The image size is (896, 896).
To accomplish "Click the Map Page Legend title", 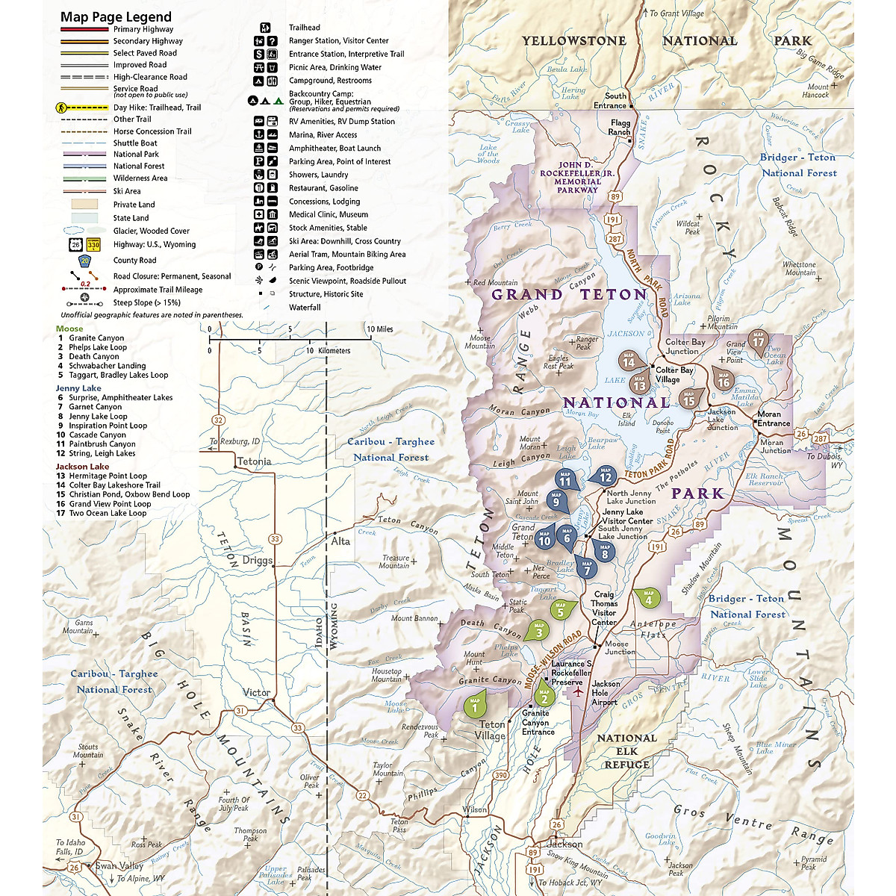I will tap(116, 16).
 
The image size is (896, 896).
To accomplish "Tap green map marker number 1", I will tap(475, 704).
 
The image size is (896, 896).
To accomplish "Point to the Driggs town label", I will tap(257, 560).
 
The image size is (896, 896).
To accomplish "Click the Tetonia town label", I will tap(254, 461).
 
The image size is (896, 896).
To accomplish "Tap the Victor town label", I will tap(256, 693).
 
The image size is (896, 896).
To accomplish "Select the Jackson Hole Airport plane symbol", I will tap(578, 692).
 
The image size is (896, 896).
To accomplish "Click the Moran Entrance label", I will tap(774, 419).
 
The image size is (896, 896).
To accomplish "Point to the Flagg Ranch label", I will tap(620, 128).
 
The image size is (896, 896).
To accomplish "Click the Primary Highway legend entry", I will tap(143, 29).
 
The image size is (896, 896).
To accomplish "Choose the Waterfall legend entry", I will tap(305, 307).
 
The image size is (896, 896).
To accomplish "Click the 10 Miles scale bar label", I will tap(379, 329).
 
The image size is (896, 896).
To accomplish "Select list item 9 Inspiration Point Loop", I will tap(108, 426).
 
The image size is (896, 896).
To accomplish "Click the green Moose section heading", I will tap(69, 329).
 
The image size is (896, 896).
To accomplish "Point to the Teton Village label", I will tap(491, 730).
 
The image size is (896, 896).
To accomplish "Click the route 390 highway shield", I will tap(501, 775).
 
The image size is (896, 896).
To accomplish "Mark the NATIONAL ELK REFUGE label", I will tap(626, 751).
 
